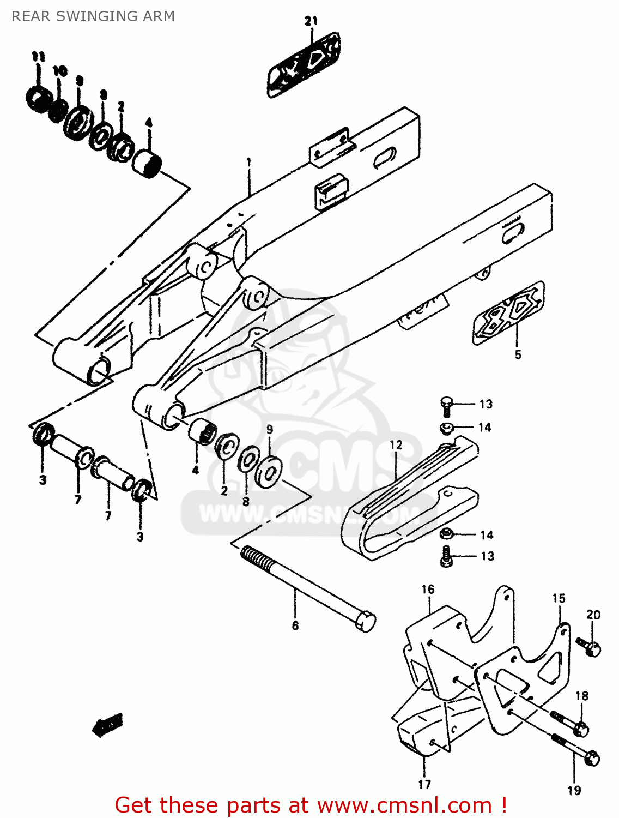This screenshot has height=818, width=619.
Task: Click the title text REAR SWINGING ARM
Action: (93, 16)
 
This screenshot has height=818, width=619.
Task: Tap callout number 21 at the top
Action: (311, 21)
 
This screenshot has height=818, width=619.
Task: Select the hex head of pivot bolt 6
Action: (365, 622)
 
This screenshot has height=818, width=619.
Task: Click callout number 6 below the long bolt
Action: (295, 625)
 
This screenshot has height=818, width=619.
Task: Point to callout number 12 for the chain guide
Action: (396, 445)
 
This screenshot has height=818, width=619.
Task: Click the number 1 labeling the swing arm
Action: (248, 162)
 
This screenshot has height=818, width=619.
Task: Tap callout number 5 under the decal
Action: (518, 354)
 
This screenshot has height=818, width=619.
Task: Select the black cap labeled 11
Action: (38, 99)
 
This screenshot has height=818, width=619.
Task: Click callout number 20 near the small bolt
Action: (593, 615)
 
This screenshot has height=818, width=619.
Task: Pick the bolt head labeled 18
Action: (581, 729)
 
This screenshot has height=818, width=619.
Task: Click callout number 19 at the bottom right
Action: (574, 790)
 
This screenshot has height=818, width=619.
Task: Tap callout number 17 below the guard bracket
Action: (424, 784)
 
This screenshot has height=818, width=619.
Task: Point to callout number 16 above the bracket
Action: (428, 590)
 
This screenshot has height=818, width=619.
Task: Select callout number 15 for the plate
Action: (559, 598)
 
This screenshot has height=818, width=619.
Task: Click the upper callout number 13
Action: (486, 404)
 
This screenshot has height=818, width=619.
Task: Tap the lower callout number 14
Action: (486, 535)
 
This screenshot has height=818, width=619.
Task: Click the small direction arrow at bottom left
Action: (108, 724)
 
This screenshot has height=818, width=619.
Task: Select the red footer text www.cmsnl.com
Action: (404, 805)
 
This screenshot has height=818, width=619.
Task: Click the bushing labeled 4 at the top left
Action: (148, 162)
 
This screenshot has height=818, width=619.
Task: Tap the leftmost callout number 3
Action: (43, 480)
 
